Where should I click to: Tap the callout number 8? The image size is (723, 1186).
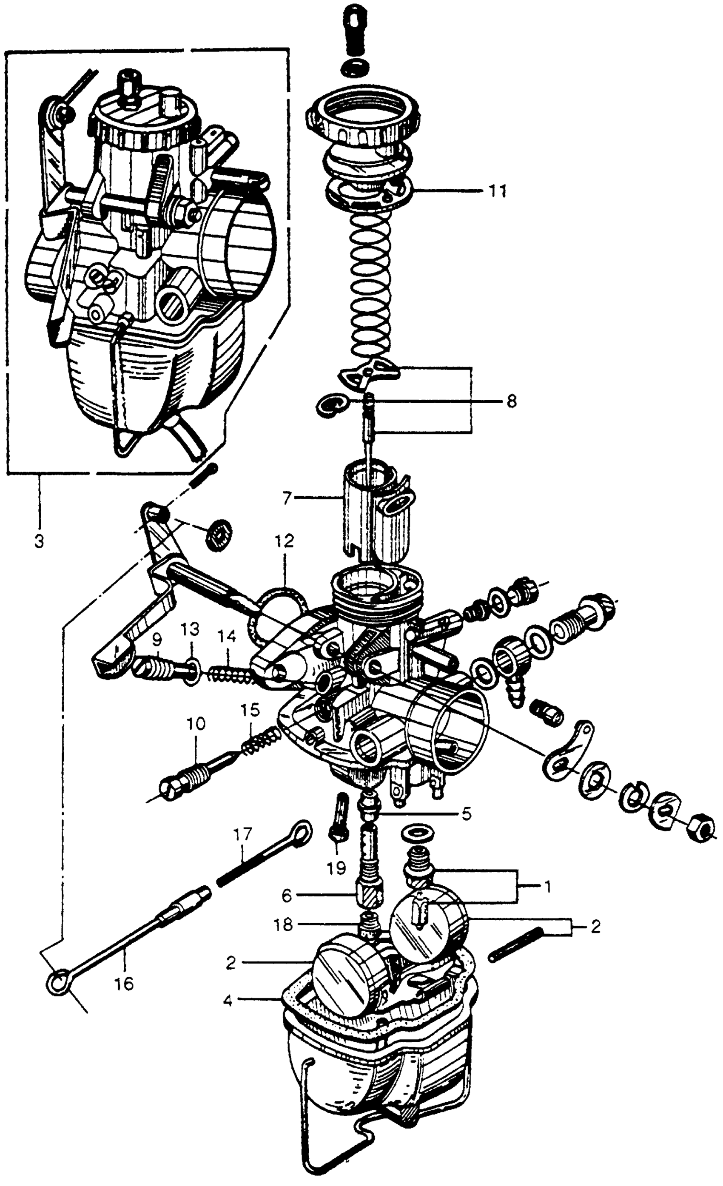click(511, 401)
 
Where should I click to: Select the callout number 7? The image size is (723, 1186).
click(287, 498)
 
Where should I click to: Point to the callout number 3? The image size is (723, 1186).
click(39, 541)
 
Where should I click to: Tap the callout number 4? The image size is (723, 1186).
click(228, 1001)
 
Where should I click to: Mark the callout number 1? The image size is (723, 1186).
click(547, 886)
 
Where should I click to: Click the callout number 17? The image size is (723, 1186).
click(244, 833)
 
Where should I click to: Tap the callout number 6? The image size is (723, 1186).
click(287, 896)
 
